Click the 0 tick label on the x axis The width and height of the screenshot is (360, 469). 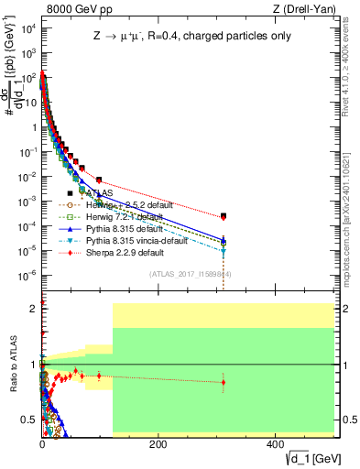tap(42, 445)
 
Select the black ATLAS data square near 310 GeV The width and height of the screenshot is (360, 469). tap(224, 215)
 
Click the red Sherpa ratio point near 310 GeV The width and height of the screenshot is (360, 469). tap(224, 382)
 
